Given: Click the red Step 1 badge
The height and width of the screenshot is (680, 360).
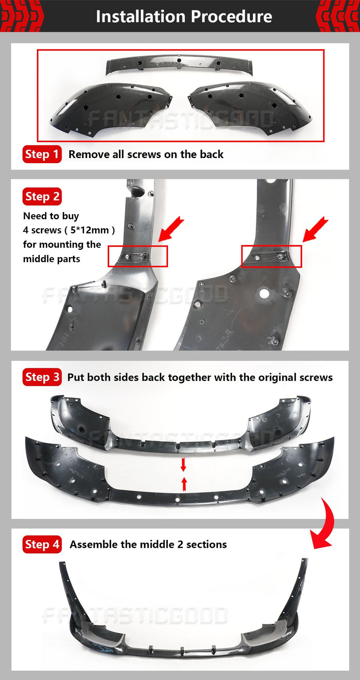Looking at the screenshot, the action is click(42, 154).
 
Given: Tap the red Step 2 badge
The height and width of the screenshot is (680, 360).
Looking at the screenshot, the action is click(42, 196).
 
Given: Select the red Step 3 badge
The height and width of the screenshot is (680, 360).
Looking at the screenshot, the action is click(42, 377).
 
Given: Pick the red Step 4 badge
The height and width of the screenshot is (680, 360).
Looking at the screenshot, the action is click(42, 544).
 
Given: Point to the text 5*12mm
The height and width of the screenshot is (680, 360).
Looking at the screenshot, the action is click(90, 230).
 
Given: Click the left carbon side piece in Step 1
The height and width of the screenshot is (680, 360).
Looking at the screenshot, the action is click(111, 109).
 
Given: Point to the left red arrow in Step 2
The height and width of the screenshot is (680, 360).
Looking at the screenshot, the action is click(170, 229).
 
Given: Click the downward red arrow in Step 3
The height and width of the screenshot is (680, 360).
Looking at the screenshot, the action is click(183, 465).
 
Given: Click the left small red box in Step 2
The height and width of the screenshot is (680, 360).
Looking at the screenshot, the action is click(138, 257).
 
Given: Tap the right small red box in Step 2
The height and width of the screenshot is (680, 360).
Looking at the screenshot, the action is click(271, 257).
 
